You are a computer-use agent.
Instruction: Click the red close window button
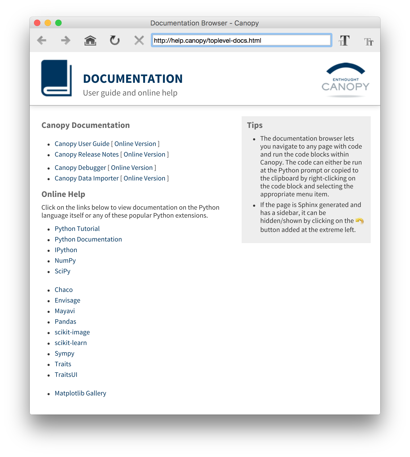(37, 23)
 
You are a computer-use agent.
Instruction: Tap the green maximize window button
(58, 23)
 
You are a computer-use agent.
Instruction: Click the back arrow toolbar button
(42, 41)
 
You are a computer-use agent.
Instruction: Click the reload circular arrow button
(115, 41)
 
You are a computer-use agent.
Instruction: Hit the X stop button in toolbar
(139, 41)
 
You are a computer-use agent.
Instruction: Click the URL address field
(241, 41)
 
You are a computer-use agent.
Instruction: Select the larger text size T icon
(344, 41)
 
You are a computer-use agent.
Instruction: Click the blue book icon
(57, 78)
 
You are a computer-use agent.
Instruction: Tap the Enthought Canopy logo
(345, 80)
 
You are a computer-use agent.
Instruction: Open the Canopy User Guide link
(82, 144)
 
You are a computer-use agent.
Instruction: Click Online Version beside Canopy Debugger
(132, 168)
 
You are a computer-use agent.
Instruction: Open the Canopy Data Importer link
(87, 178)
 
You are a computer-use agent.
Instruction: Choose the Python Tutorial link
(77, 229)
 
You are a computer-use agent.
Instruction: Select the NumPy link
(65, 261)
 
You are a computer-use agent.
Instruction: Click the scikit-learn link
(71, 343)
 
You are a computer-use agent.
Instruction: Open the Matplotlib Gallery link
(80, 393)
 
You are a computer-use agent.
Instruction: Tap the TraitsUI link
(66, 375)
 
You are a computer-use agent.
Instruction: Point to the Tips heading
(255, 125)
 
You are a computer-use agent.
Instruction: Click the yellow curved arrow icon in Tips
(360, 221)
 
